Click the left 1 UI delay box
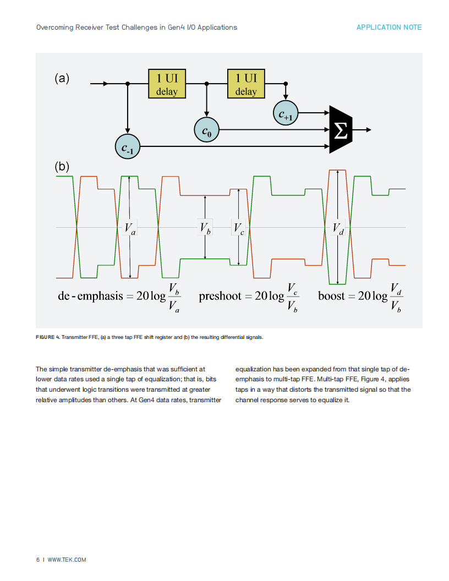[167, 84]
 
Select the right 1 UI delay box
[246, 84]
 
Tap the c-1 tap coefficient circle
[128, 147]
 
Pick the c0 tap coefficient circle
[207, 130]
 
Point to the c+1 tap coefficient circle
[286, 113]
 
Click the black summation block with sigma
[341, 130]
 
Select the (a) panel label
[62, 78]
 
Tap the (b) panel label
[62, 166]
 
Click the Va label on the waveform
[130, 228]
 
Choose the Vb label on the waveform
[205, 228]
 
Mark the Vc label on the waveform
[239, 228]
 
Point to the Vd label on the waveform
[338, 228]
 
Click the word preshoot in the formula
[220, 296]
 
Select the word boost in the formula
[332, 295]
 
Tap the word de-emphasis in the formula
[90, 296]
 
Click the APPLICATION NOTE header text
[389, 28]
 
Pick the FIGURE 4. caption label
[48, 337]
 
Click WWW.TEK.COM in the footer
[67, 560]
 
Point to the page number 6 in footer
[38, 560]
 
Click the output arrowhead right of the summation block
[369, 130]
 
